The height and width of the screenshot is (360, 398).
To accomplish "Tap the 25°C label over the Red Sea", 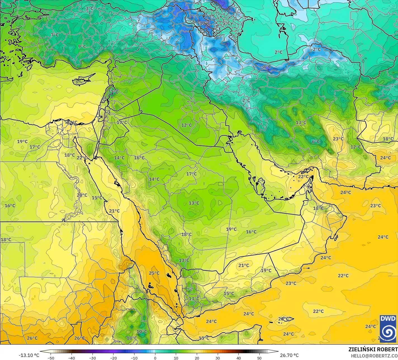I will [x=154, y=273].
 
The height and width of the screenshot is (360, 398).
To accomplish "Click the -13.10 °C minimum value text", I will [x=29, y=355].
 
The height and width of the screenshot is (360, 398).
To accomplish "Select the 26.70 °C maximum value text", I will [x=289, y=355].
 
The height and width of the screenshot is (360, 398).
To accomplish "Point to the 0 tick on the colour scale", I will [x=155, y=358].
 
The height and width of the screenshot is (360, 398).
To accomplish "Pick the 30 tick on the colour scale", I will [x=218, y=358].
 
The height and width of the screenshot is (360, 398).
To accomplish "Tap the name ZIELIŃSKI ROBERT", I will [x=373, y=350].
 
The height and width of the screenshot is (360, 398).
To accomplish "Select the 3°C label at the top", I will [x=89, y=8].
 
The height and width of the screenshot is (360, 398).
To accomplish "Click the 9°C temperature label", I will [x=82, y=46].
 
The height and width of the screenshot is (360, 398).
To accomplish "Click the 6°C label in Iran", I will [x=316, y=142].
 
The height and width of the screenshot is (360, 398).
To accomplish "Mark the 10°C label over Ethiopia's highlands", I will [x=142, y=331].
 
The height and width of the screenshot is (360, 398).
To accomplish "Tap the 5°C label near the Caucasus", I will [x=226, y=23].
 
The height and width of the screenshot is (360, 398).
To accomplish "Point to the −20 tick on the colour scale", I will [x=113, y=358].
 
